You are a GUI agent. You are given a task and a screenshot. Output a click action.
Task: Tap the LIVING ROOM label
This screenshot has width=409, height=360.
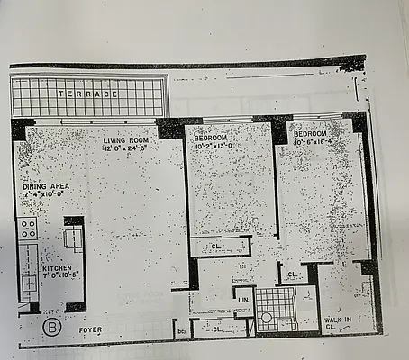click(x=125, y=139)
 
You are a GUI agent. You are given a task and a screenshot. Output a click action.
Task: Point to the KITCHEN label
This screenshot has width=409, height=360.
click(x=58, y=268)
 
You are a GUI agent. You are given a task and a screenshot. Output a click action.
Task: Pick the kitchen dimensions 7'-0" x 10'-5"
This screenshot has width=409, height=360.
click(x=58, y=276)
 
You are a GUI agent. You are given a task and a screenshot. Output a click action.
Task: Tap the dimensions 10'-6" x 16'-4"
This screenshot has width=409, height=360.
click(x=309, y=140)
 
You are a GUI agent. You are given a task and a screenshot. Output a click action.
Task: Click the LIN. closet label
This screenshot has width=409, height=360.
click(x=243, y=299)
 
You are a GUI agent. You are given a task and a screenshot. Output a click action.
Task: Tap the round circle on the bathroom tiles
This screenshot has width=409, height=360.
click(x=266, y=318)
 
